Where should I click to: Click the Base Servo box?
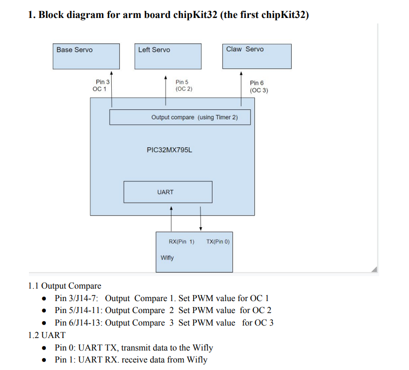87,56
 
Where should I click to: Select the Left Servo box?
168,56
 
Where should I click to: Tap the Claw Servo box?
256,56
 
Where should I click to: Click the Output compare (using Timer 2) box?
180,117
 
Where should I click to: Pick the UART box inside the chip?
168,192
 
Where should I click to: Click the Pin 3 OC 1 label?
101,85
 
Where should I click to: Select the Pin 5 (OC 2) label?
184,85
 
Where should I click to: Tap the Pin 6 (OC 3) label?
258,86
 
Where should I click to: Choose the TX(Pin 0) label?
217,242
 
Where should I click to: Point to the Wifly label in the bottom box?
167,258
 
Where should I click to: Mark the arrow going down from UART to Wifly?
201,217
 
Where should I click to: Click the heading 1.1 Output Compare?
65,286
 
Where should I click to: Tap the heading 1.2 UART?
47,335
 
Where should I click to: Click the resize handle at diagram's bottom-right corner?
375,270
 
